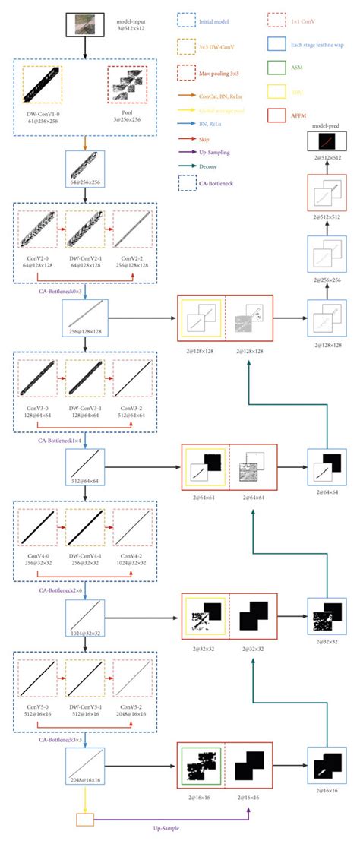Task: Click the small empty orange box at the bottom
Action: (84, 818)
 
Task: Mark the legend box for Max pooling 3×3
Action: (188, 70)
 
